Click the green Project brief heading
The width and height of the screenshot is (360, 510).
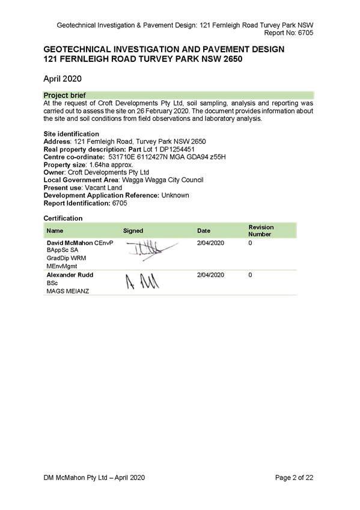pos(65,95)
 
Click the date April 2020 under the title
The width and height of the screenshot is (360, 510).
pos(63,79)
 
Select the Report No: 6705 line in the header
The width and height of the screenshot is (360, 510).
pos(288,32)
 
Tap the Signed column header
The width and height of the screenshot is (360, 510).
pos(133,230)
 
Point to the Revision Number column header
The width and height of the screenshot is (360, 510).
pos(261,230)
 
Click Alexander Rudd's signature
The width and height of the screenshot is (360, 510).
pos(142,281)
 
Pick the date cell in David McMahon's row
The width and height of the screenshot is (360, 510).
pos(210,242)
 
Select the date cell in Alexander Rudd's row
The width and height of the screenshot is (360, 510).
pos(210,275)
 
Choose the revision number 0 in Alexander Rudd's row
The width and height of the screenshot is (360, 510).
pos(250,275)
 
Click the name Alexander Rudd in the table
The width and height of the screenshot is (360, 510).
pos(70,275)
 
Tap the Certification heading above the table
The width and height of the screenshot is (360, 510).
pos(63,218)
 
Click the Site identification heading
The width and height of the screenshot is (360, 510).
pos(71,134)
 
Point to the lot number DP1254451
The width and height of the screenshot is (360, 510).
pos(177,149)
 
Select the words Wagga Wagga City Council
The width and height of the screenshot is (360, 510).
pos(163,180)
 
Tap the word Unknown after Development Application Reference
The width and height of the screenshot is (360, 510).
pos(175,195)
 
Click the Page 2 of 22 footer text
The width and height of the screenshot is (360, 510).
pos(294,478)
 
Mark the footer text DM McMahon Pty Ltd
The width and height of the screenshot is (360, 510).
pos(75,478)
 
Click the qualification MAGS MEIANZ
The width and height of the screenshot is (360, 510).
pos(67,291)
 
